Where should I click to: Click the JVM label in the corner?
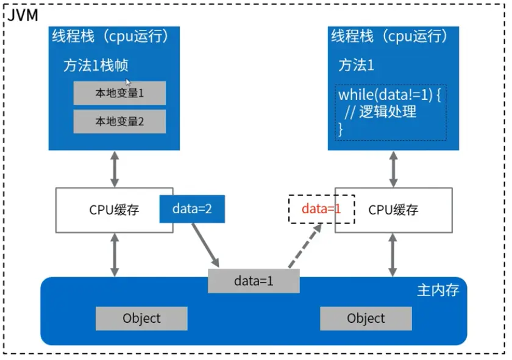(x=23, y=15)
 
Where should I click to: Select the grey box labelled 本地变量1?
(x=119, y=93)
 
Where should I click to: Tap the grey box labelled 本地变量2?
(x=119, y=121)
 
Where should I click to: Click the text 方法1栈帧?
(x=96, y=65)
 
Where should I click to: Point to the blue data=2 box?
(x=192, y=209)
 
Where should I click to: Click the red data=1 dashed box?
(x=322, y=209)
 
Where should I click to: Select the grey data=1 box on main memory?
(x=254, y=281)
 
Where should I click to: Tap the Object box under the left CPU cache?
(x=141, y=318)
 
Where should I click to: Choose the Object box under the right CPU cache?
(x=366, y=318)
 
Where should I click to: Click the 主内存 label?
(x=438, y=290)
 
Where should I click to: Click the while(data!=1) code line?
(x=389, y=95)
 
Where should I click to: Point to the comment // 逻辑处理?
(x=380, y=111)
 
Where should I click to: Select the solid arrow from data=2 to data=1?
(x=205, y=245)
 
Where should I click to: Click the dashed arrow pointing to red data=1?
(x=305, y=245)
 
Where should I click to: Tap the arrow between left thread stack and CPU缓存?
(x=115, y=169)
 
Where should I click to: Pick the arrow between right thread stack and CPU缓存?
(x=394, y=169)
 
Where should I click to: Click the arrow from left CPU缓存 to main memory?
(x=115, y=255)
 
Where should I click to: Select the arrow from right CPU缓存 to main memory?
(x=393, y=255)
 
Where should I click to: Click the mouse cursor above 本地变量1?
(x=127, y=82)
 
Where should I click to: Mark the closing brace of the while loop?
(x=341, y=129)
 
